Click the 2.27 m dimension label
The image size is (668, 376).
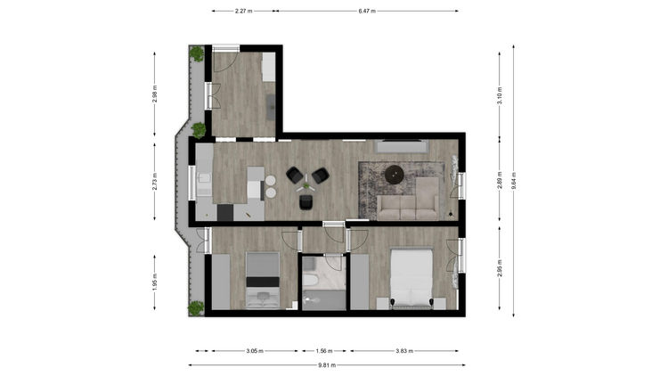point(243,11)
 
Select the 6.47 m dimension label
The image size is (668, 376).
point(367,11)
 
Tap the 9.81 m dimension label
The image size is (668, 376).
point(327,365)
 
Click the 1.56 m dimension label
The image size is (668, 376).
point(324,351)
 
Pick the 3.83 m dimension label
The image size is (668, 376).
point(404,351)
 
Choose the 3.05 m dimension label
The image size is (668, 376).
point(255,351)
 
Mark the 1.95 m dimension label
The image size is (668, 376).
point(155,282)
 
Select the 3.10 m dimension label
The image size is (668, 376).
point(500,95)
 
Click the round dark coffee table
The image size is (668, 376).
point(395,175)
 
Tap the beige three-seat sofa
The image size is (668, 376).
point(408,208)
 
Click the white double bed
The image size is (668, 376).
point(411,278)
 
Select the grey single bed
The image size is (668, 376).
point(263,280)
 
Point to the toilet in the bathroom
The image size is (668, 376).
point(310,282)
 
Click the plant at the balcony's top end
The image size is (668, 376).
point(197,53)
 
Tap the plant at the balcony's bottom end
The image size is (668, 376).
point(196,308)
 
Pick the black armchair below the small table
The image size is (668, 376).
point(305,202)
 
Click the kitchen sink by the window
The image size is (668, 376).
point(204,178)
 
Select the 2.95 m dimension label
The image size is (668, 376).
point(500,268)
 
